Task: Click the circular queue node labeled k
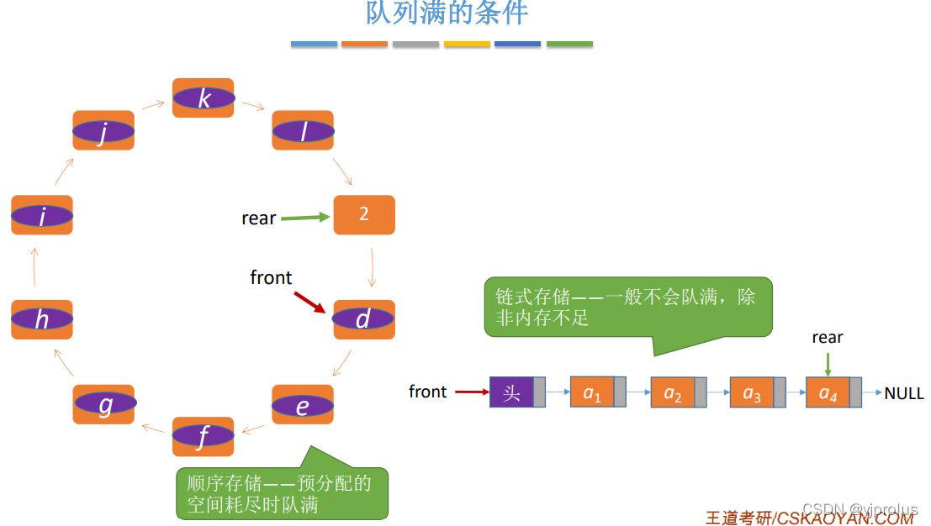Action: click(x=204, y=98)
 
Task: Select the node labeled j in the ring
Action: click(x=103, y=130)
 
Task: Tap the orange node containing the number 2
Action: click(x=364, y=214)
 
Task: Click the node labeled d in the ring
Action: click(x=364, y=319)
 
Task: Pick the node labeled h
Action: click(x=42, y=319)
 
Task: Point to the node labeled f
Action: click(x=204, y=436)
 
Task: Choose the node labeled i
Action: click(x=42, y=216)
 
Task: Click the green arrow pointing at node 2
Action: click(x=305, y=218)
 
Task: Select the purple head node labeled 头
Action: click(x=512, y=392)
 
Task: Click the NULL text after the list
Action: click(x=904, y=393)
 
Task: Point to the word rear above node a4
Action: click(x=828, y=338)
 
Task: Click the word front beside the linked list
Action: click(x=428, y=392)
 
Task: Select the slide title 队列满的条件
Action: click(x=447, y=13)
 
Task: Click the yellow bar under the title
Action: click(x=467, y=44)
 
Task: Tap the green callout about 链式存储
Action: click(x=627, y=307)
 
